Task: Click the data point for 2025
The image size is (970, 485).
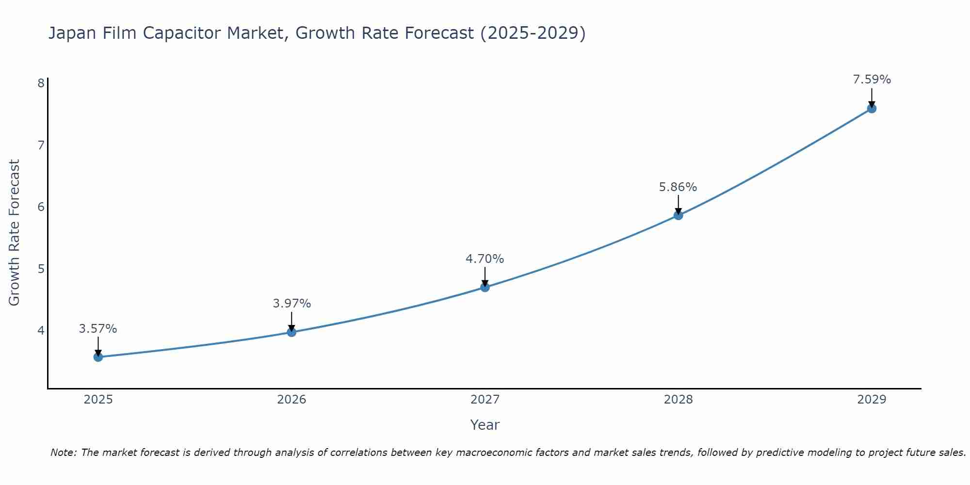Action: tap(98, 357)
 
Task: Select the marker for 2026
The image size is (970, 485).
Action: tap(291, 332)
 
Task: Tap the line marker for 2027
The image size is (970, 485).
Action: tap(485, 288)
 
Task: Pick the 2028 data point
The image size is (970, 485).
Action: tap(678, 215)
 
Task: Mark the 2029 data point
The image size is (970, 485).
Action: tap(872, 109)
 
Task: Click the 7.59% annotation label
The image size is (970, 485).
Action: tap(872, 80)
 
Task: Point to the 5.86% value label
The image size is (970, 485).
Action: tap(678, 187)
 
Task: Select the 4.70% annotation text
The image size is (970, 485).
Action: tap(485, 259)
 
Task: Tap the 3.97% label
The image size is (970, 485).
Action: tap(291, 304)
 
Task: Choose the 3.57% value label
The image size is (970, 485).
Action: tap(98, 329)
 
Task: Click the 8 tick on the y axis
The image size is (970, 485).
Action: tap(41, 83)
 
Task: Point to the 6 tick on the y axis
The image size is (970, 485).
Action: tap(41, 207)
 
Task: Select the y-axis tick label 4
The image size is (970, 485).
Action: tap(41, 331)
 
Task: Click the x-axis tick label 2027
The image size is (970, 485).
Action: tap(485, 400)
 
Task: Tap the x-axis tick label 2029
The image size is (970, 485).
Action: tap(872, 400)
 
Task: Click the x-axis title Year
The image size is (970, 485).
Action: tap(485, 425)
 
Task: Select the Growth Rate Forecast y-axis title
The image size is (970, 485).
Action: tap(15, 233)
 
